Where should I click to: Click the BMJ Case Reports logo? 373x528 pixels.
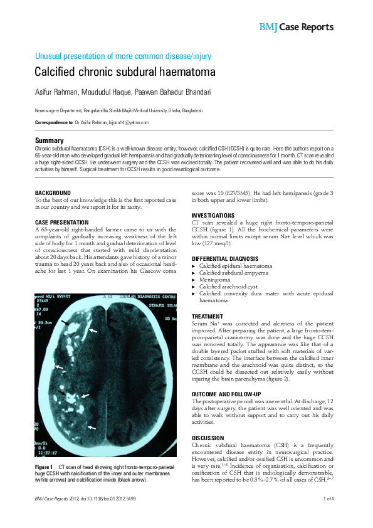tap(296, 27)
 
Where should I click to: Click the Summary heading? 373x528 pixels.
tap(50, 140)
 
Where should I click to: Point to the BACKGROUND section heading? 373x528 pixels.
tap(53, 193)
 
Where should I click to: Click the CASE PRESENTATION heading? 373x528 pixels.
tap(62, 223)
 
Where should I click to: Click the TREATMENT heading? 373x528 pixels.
tap(208, 316)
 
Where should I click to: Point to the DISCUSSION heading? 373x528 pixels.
tap(208, 438)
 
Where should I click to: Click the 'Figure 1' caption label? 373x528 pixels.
tap(43, 468)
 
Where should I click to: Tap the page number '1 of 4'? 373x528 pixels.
tap(328, 499)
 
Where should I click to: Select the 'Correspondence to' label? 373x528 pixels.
tap(53, 122)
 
